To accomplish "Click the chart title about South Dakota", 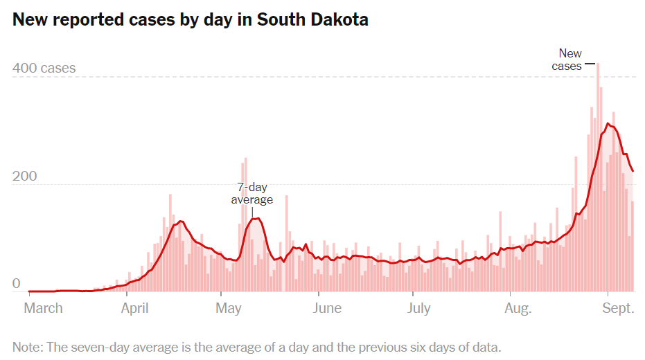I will click(x=191, y=20).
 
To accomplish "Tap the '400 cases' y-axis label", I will click(x=44, y=69).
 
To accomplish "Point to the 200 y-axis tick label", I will click(x=24, y=177).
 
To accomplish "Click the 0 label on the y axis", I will click(x=17, y=284).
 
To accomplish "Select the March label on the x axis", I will click(x=43, y=308).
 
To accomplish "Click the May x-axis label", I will click(x=228, y=308).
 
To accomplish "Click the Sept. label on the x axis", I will click(x=618, y=308).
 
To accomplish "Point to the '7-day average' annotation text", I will click(x=251, y=193).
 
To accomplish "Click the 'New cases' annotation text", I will click(x=568, y=60).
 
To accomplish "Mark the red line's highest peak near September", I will click(x=608, y=124).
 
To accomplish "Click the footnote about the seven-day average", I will click(x=256, y=347).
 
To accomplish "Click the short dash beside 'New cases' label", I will click(x=590, y=65).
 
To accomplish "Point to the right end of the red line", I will click(x=633, y=172).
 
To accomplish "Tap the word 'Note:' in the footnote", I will click(x=28, y=347).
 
